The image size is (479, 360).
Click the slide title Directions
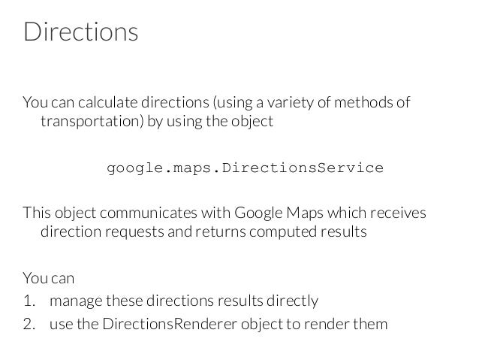[80, 33]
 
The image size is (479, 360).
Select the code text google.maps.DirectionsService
[245, 167]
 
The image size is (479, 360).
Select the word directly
[293, 301]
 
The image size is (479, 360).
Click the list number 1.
[29, 301]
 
